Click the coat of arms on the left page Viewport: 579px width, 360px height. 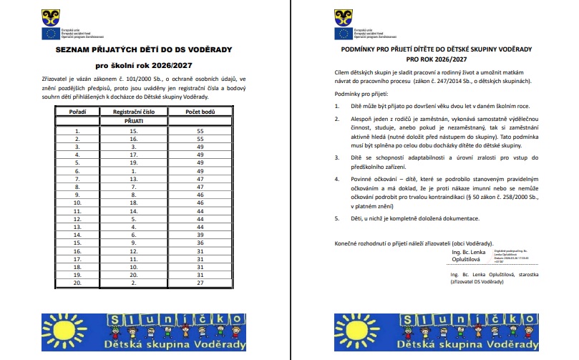click(x=52, y=15)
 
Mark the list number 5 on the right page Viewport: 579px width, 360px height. click(x=337, y=218)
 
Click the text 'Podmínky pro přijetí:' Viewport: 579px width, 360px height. click(x=362, y=94)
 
